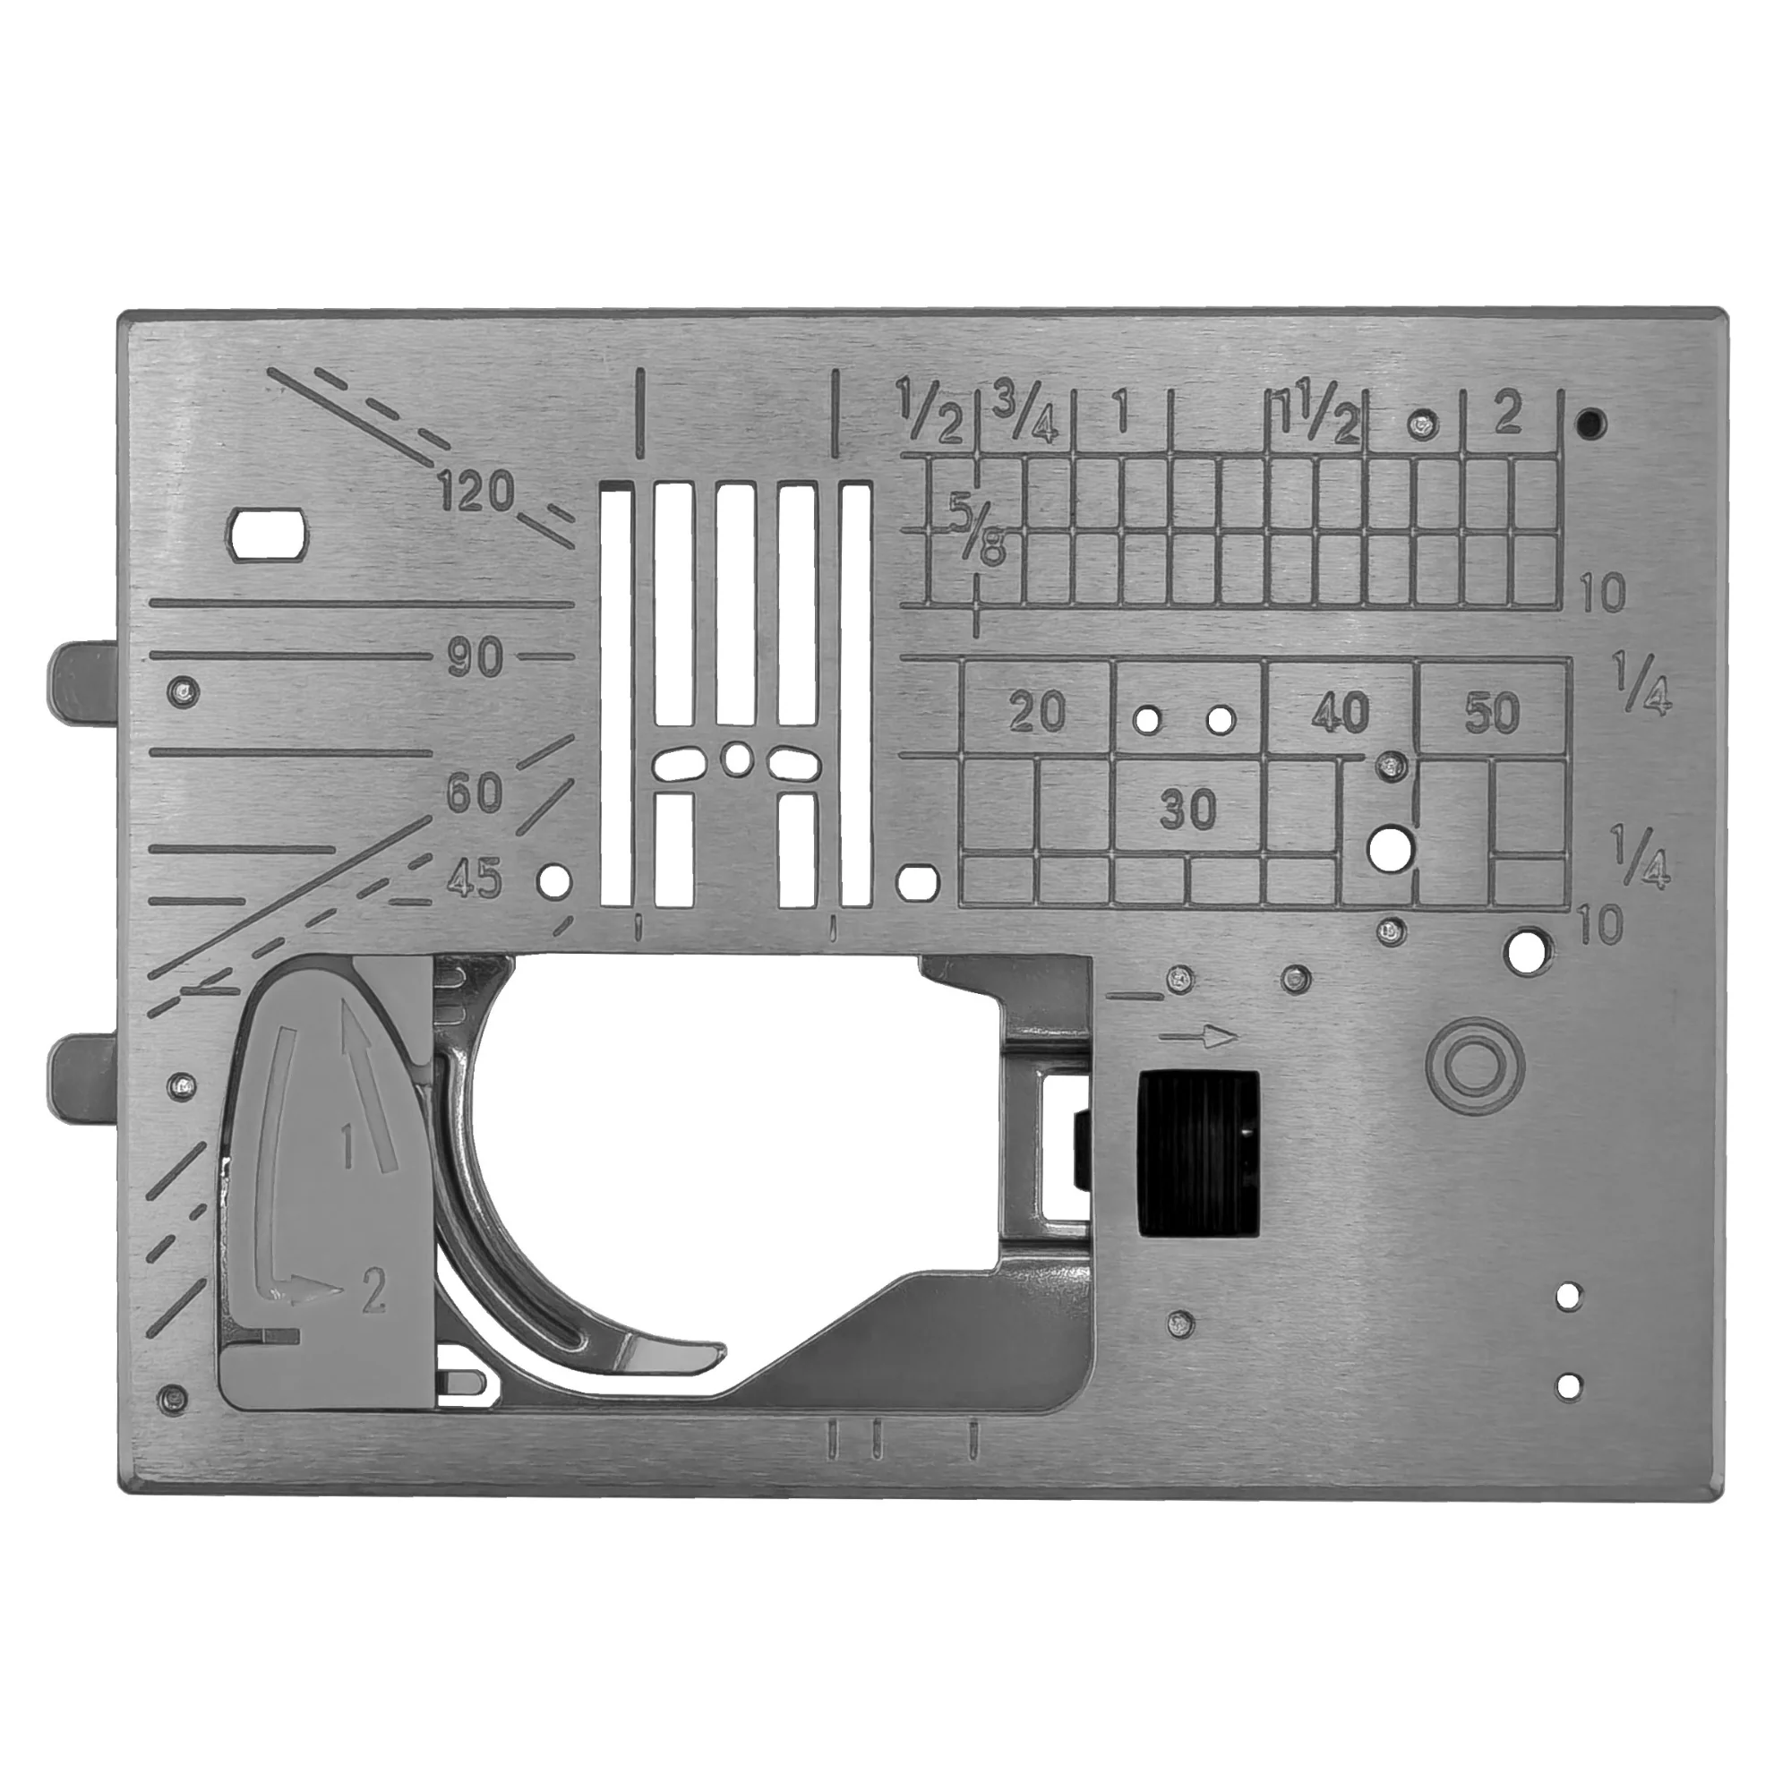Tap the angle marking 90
point(475,658)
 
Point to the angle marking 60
point(475,793)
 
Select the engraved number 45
point(475,877)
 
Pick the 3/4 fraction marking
point(1025,411)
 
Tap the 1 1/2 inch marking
point(1317,413)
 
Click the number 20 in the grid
point(1037,712)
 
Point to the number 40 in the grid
point(1341,712)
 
